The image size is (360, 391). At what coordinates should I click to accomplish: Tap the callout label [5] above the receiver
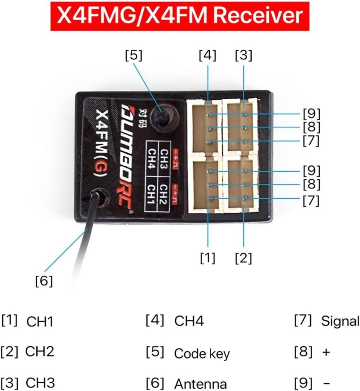(133, 56)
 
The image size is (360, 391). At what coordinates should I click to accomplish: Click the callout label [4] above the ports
(207, 56)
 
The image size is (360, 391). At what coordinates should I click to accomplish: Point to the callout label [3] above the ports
(243, 56)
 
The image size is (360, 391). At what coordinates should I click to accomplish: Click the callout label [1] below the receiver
(207, 258)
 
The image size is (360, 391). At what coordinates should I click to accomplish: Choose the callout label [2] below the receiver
(243, 258)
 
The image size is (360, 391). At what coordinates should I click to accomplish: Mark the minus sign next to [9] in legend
(326, 383)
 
